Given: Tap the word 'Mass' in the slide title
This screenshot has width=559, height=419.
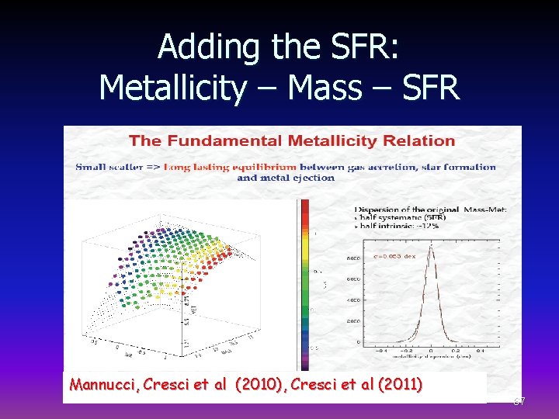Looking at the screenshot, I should click(324, 88).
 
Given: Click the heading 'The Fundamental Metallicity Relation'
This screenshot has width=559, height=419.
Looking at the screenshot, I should click(291, 140).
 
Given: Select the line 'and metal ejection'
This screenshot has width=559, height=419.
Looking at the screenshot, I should click(286, 178).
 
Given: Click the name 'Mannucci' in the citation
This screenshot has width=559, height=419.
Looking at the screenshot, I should click(99, 384).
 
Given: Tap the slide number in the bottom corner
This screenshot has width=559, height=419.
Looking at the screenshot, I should click(519, 400).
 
